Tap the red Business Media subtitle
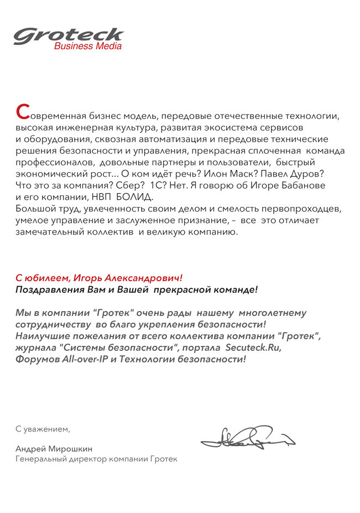(87, 47)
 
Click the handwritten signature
(247, 438)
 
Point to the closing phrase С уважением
(43, 429)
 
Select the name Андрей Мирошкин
(54, 448)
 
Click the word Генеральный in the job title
(43, 459)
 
